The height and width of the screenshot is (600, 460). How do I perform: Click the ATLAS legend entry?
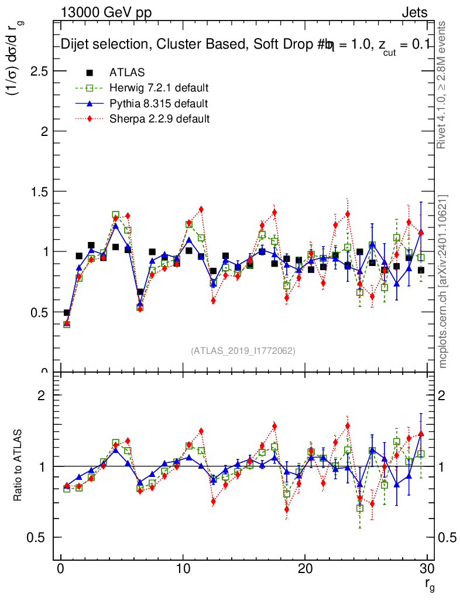[127, 73]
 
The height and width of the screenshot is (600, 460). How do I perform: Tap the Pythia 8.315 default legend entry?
[159, 104]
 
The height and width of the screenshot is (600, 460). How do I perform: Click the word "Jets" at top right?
[414, 13]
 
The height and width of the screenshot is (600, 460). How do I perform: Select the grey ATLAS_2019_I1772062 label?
[243, 350]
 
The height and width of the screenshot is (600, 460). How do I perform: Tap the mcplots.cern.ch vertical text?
[444, 281]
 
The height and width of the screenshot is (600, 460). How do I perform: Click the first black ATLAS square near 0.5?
[67, 313]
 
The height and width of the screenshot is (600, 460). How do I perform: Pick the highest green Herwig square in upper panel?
[116, 215]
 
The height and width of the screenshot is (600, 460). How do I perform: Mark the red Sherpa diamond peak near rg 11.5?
[201, 209]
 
